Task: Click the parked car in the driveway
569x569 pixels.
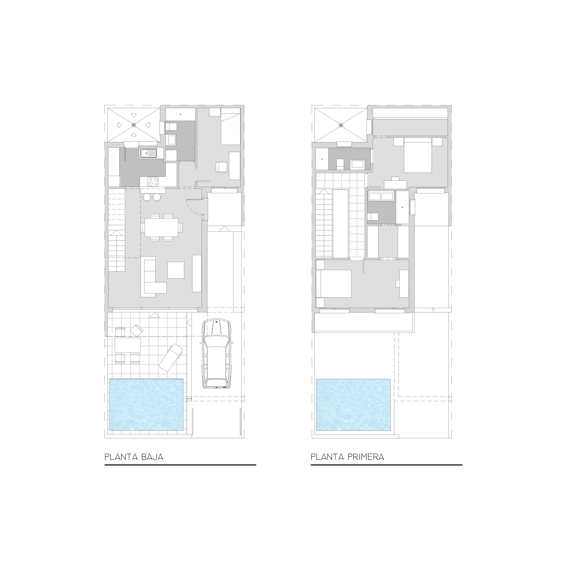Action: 216,353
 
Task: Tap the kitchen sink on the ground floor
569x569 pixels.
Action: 148,153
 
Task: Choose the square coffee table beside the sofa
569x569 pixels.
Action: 176,270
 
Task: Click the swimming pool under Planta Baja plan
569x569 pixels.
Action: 146,405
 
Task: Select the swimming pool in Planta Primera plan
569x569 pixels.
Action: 353,405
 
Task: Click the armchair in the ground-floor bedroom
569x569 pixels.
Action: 221,167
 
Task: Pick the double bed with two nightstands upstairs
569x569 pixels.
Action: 418,155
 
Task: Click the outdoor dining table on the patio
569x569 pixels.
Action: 128,345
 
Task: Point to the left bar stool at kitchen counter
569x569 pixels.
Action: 146,197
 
